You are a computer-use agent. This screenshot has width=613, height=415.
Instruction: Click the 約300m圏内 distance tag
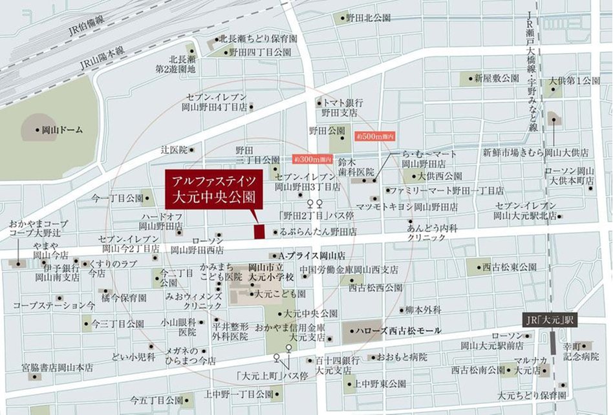pos(312,158)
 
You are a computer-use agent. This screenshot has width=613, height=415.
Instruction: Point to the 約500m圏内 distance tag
pos(374,137)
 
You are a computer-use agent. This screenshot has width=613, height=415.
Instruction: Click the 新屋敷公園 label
pos(496,79)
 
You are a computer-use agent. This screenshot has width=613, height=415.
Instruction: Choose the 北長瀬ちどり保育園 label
pos(258,39)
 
